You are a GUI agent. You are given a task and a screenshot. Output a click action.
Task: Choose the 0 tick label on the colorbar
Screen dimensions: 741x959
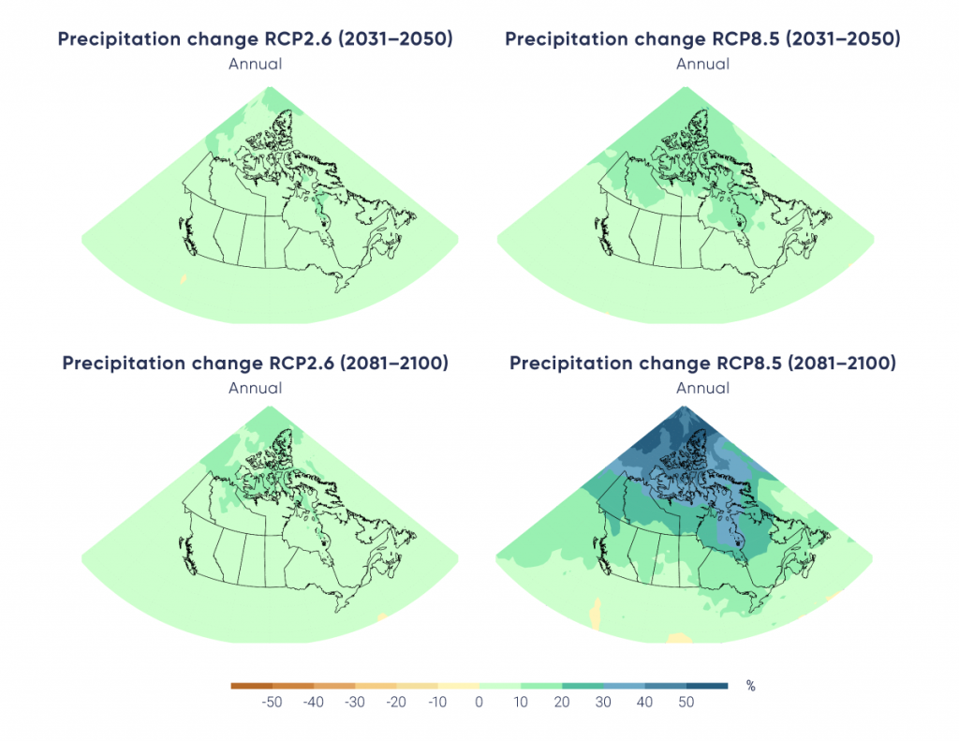[x=479, y=703]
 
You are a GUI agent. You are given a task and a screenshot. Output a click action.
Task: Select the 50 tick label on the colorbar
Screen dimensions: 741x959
[x=686, y=703]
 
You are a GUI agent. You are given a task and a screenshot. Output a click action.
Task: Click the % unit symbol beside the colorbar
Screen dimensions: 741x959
[x=750, y=686]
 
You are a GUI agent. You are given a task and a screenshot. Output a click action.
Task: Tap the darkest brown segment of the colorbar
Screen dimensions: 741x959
[x=251, y=686]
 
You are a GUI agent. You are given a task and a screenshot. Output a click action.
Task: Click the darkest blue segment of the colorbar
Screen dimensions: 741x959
[x=707, y=686]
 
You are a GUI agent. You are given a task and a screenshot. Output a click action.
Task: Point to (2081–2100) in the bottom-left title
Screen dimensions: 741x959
[x=389, y=363]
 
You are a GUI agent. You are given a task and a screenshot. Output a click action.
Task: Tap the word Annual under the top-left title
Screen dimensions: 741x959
[x=255, y=64]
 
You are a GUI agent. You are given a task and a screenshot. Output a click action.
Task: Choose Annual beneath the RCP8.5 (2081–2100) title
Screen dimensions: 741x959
[x=702, y=388]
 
